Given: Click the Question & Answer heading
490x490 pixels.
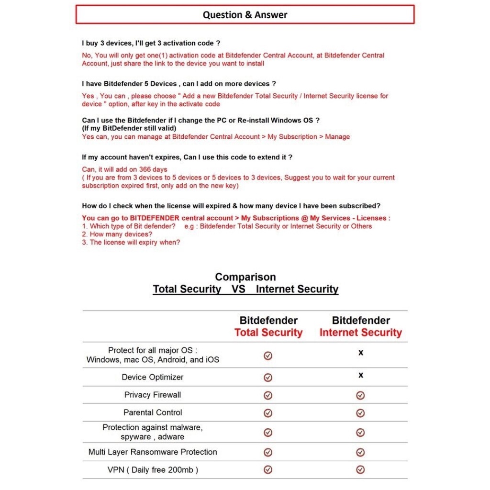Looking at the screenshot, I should (245, 15).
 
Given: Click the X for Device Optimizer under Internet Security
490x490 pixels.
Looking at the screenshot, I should (361, 375).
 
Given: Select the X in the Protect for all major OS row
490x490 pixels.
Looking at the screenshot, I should (361, 353).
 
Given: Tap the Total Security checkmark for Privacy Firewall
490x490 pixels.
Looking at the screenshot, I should (268, 395).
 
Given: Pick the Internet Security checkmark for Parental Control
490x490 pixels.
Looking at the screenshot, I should (360, 413).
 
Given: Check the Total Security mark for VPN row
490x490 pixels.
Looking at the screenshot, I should (268, 470).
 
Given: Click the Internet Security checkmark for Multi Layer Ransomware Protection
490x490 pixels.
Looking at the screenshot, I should (360, 452).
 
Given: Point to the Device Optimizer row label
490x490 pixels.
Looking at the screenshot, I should (153, 377).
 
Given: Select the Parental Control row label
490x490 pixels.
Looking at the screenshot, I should (153, 412).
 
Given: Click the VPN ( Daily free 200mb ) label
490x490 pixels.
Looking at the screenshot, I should (153, 470).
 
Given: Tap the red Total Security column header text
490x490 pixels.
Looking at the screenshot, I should (268, 333).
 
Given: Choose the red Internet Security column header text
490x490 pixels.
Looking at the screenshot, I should (361, 333).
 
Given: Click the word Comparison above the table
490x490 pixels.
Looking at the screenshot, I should (245, 277).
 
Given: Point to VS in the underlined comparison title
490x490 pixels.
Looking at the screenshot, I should (238, 289).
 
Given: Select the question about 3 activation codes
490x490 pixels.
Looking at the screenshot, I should (151, 43).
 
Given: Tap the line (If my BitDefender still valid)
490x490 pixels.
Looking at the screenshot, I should (129, 128).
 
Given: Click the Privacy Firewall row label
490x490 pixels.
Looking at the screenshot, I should (153, 395).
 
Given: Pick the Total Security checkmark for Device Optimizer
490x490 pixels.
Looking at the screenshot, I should (268, 378).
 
